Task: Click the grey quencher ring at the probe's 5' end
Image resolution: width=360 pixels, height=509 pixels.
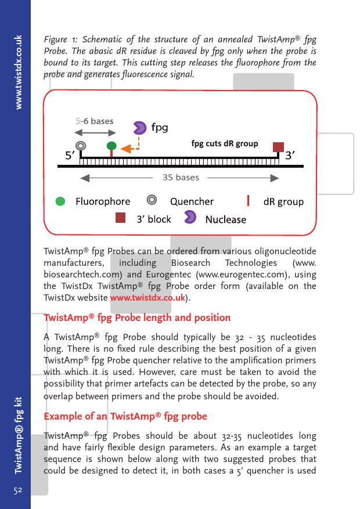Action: [x=81, y=145]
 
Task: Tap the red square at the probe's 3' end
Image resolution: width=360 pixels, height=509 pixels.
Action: [x=278, y=146]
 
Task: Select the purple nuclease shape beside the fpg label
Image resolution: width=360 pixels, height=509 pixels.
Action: [x=140, y=128]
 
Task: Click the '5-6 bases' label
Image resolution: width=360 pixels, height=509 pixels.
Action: [x=94, y=121]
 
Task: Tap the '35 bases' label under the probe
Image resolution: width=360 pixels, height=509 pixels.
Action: [x=181, y=177]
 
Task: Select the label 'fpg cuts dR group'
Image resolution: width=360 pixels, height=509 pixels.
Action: [x=225, y=143]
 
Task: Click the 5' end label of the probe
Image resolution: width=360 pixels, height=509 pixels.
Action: [x=70, y=155]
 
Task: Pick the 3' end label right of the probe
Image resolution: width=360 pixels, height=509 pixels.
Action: [x=291, y=155]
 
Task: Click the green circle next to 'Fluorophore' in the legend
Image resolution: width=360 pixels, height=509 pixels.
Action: [x=60, y=201]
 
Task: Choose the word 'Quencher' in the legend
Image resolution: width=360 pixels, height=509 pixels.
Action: [x=192, y=201]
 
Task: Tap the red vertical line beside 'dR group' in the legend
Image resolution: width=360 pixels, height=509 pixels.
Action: [x=249, y=201]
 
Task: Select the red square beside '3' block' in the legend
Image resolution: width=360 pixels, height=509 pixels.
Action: [x=120, y=218]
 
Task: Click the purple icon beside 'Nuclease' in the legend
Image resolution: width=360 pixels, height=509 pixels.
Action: [x=190, y=218]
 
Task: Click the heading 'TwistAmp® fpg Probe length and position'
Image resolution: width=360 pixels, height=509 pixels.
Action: [x=137, y=317]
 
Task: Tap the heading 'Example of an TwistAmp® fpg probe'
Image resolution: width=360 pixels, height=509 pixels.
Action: [x=125, y=417]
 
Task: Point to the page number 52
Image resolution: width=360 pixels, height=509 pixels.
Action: [x=18, y=490]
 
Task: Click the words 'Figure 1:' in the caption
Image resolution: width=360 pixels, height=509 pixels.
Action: [x=60, y=40]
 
